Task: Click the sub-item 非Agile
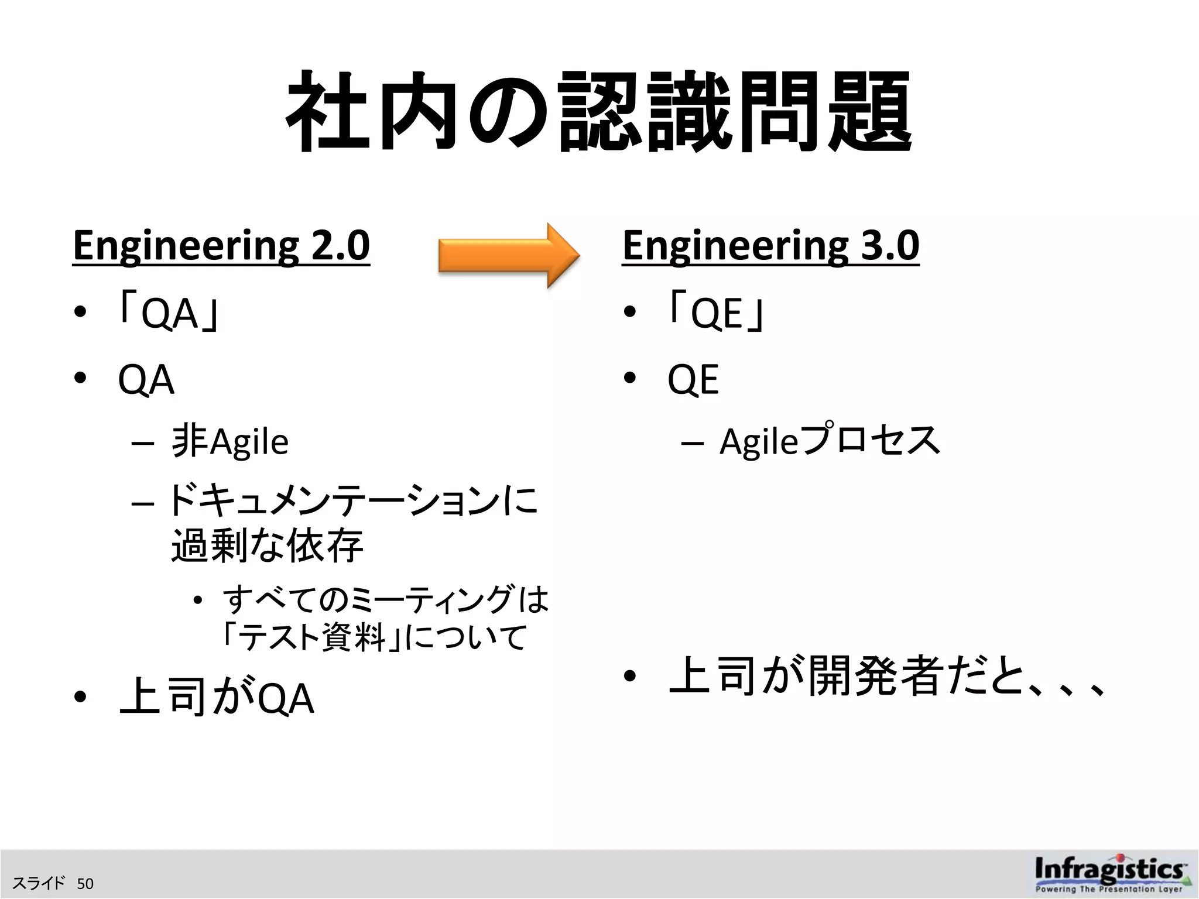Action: coord(230,441)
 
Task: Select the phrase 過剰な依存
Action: coord(267,545)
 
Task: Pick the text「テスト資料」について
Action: coord(375,637)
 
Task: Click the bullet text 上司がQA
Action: coord(217,698)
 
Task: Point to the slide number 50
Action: coord(85,883)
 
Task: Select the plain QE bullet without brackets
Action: coord(693,380)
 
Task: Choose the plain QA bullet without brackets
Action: coord(146,380)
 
